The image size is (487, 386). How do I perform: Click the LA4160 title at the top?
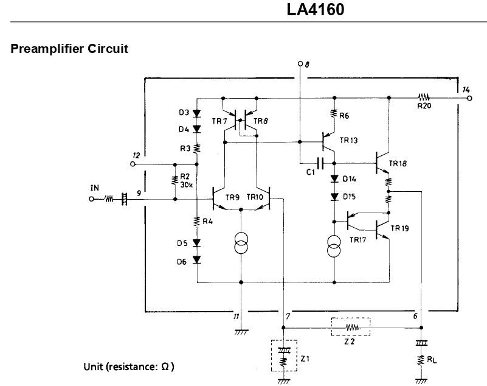click(316, 10)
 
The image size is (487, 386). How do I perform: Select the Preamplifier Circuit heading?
click(69, 49)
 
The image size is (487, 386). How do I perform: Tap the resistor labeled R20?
click(423, 97)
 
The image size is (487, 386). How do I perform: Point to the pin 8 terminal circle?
click(300, 63)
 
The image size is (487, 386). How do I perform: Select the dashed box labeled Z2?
click(350, 328)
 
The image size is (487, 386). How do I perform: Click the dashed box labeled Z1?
click(283, 356)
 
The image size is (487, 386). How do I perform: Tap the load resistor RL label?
click(432, 359)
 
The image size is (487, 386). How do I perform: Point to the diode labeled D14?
click(334, 179)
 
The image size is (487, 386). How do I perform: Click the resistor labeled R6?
click(334, 113)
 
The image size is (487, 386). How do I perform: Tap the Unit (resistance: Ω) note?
click(128, 367)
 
